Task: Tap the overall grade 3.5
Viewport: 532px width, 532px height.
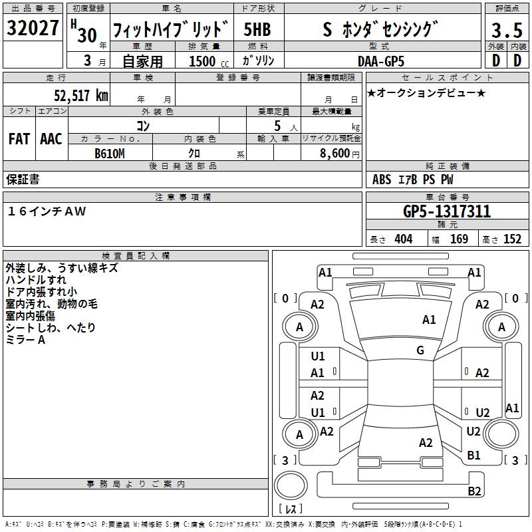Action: [506, 30]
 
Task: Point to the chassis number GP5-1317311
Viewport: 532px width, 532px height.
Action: [447, 212]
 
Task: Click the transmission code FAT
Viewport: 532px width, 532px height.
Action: [19, 139]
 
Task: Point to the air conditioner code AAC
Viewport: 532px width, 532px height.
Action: [51, 139]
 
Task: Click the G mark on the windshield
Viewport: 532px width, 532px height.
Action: [420, 350]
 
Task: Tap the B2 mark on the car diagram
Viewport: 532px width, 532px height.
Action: [474, 491]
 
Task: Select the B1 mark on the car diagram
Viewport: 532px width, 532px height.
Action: [473, 456]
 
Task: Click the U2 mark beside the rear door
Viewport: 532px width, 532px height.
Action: [482, 412]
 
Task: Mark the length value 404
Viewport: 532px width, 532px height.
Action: [403, 239]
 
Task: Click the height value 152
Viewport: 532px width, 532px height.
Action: [512, 239]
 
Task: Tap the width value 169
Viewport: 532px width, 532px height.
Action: [459, 239]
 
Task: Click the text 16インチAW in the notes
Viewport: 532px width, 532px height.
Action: [47, 211]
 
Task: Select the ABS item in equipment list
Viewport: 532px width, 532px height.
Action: [382, 180]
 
